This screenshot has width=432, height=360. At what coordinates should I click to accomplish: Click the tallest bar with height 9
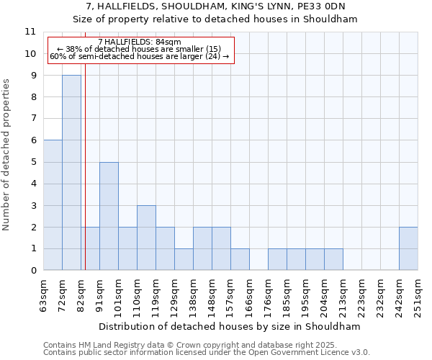click(71, 173)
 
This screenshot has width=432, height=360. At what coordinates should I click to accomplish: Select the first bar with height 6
click(53, 205)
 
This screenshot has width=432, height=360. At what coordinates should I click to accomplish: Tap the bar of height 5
click(109, 216)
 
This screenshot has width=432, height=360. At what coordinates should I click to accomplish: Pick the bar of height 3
click(146, 238)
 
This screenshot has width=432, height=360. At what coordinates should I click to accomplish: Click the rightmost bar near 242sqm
click(408, 248)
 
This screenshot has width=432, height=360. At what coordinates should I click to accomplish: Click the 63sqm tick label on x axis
click(44, 292)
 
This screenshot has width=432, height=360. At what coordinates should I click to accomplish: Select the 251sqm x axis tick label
click(418, 292)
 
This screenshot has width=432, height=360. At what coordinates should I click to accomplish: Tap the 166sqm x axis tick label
click(250, 292)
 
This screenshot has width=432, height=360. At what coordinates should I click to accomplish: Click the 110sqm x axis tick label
click(138, 292)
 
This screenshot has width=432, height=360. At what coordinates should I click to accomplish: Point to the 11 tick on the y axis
click(30, 32)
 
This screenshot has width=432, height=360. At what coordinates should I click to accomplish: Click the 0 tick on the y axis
click(33, 271)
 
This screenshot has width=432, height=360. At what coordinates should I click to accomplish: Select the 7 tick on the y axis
click(33, 119)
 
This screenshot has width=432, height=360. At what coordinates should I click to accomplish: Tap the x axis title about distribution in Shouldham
click(230, 326)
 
